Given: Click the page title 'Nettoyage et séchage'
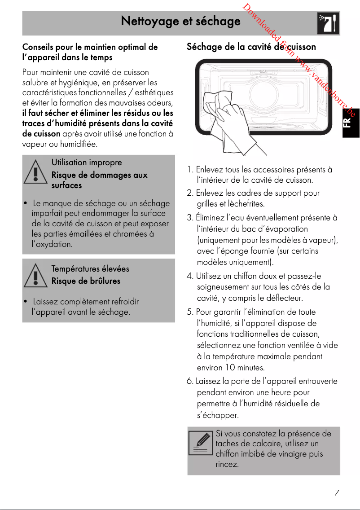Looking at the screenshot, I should coord(180,22).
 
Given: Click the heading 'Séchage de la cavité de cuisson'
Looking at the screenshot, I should coord(251,47).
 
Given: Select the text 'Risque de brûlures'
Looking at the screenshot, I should coord(86,281).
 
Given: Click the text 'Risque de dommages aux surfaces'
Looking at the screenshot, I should coord(99,180).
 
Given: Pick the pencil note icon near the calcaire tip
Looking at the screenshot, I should coord(200,443).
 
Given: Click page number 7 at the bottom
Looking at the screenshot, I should coord(336,492).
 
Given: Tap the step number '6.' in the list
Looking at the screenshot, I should coord(190,381).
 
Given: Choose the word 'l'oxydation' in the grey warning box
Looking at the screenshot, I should coord(52,245).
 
